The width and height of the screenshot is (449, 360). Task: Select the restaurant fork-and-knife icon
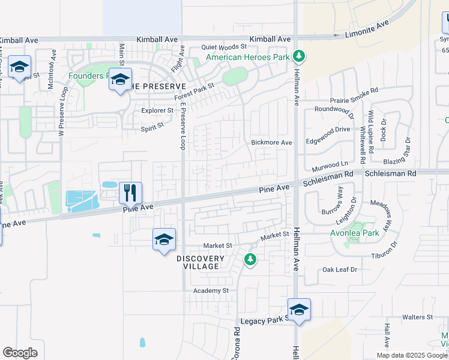click(130, 193)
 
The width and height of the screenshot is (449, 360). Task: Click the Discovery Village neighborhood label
click(200, 262)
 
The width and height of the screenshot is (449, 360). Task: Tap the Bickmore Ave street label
click(271, 143)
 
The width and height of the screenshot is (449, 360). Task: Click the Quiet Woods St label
click(224, 46)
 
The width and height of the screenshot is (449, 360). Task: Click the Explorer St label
click(157, 111)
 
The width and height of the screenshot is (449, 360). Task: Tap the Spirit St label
click(152, 127)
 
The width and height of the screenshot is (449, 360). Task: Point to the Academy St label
click(211, 290)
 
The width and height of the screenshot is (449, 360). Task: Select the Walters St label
click(418, 317)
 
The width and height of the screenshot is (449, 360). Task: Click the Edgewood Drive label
click(328, 129)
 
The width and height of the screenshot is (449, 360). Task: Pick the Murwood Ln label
click(330, 163)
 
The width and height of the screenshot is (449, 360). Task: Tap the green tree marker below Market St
click(250, 260)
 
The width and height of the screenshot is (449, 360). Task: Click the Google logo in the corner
click(20, 353)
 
